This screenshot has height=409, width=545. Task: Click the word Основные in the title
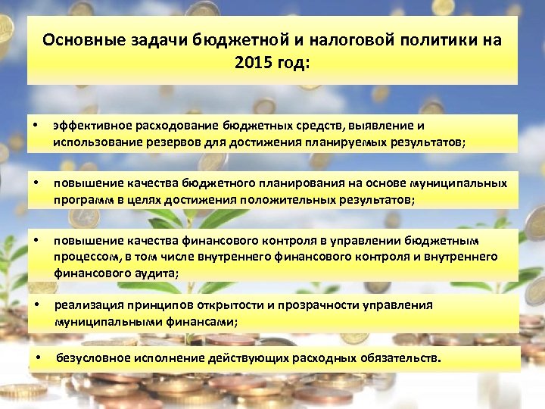[x=81, y=39]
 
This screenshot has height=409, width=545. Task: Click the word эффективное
[x=91, y=126]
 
